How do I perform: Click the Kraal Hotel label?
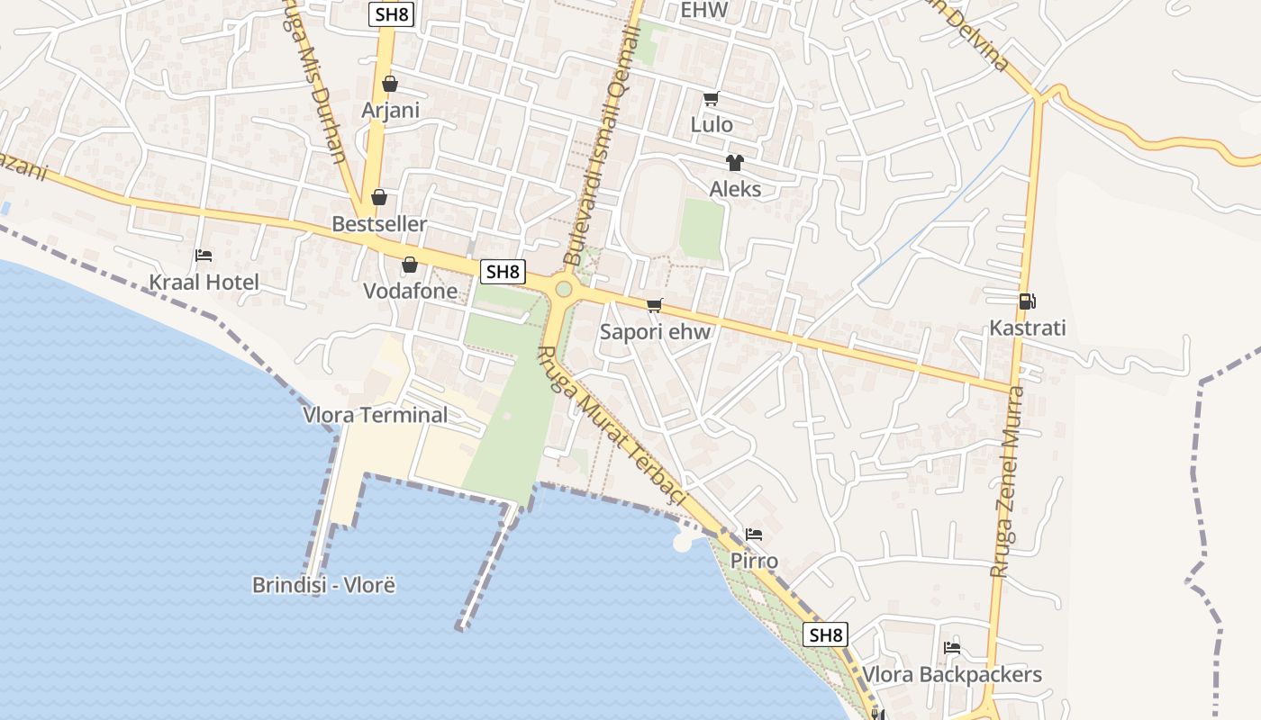204,283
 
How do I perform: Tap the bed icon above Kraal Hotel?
204,256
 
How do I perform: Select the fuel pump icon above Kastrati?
1026,301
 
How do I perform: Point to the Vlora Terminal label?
376,415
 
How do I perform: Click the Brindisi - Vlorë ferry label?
323,585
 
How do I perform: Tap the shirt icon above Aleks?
735,163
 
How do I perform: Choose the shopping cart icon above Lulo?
712,98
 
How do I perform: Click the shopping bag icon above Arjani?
390,85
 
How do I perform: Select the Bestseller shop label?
379,224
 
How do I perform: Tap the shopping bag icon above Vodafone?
410,265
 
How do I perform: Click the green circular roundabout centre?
564,289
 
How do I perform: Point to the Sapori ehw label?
655,332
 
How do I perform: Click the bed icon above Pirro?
754,535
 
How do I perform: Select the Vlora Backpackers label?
952,675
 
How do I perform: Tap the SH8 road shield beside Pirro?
826,634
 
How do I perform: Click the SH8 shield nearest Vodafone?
502,271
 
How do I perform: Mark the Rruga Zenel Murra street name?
1008,481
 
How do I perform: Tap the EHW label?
703,11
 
